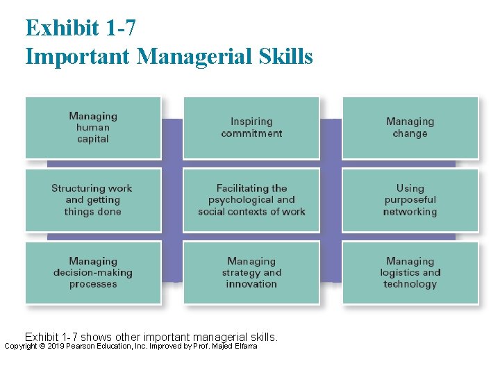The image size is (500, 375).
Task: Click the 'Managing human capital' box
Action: (93, 128)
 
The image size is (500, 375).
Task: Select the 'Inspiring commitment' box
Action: (251, 128)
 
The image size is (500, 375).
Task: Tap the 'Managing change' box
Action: (410, 128)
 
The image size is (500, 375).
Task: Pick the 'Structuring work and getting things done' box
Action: (93, 200)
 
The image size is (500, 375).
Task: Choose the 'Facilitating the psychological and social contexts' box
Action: (251, 200)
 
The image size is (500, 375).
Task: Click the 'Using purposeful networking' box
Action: (410, 200)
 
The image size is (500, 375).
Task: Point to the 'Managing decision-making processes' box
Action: (93, 272)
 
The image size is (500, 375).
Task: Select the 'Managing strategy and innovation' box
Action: (251, 272)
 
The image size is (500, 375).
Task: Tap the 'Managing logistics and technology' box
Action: (410, 272)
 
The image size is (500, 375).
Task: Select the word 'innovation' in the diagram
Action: (251, 284)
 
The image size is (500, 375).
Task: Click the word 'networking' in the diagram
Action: (410, 212)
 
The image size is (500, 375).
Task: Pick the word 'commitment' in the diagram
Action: (251, 133)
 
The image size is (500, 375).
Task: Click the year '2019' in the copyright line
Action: (54, 346)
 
